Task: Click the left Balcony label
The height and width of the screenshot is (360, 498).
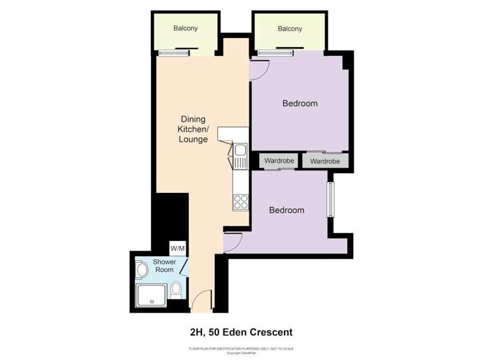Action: point(186,29)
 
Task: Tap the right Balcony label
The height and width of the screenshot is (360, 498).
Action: point(290,29)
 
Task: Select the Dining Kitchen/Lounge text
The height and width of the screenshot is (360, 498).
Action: point(193,130)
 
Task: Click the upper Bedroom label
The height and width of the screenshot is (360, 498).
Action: point(300,103)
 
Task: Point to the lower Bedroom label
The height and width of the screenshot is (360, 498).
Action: point(287,210)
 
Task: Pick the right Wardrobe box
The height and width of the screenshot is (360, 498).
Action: point(324,161)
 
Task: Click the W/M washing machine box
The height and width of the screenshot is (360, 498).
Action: point(178,248)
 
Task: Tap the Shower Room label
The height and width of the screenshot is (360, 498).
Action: point(164,266)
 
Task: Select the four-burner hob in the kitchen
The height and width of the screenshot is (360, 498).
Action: point(240,202)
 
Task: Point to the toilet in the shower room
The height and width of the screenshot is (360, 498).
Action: point(176,289)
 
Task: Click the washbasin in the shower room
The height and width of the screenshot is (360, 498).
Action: point(141,270)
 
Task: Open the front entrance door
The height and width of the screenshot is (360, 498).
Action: point(201,303)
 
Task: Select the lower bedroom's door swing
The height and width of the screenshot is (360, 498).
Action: point(233,242)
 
